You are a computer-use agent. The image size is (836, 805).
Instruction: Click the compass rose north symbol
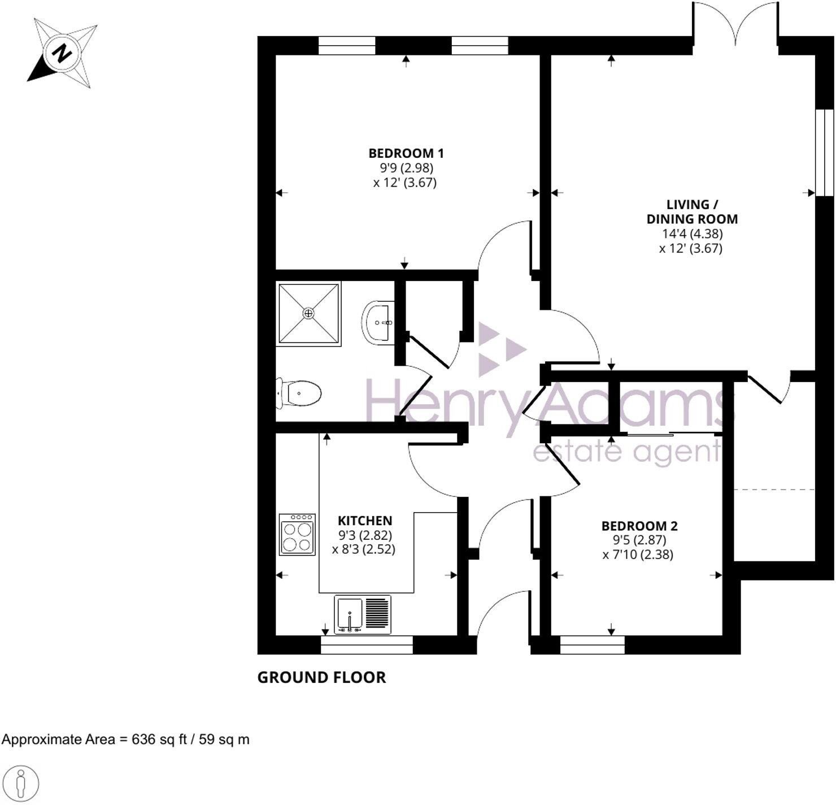pyautogui.click(x=62, y=53)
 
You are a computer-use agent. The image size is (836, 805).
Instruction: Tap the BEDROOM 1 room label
pyautogui.click(x=406, y=153)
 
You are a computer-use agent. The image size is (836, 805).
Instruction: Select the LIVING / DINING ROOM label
pyautogui.click(x=691, y=212)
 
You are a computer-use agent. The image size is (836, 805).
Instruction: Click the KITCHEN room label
pyautogui.click(x=364, y=521)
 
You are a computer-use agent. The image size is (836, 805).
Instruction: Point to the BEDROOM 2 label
pyautogui.click(x=639, y=526)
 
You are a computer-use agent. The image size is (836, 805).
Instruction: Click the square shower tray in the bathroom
pyautogui.click(x=308, y=313)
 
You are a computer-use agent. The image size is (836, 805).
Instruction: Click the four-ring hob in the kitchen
pyautogui.click(x=297, y=534)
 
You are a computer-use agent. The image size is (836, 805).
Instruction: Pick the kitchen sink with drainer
pyautogui.click(x=362, y=614)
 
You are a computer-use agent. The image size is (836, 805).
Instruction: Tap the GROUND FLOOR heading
pyautogui.click(x=321, y=677)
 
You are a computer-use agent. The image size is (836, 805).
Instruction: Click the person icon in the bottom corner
pyautogui.click(x=21, y=784)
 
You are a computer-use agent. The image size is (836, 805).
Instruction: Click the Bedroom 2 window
pyautogui.click(x=592, y=645)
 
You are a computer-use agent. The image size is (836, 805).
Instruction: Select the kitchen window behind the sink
pyautogui.click(x=366, y=645)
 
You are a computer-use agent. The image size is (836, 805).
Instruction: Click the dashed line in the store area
pyautogui.click(x=774, y=489)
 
